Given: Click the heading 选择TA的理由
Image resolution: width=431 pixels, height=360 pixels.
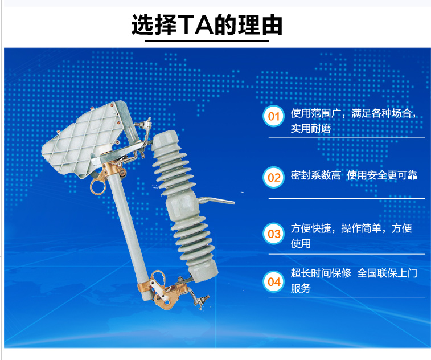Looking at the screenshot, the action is tap(207, 24).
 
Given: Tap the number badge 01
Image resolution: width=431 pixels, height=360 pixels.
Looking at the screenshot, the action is tap(273, 116).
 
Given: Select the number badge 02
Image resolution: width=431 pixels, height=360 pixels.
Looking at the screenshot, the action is tap(273, 177).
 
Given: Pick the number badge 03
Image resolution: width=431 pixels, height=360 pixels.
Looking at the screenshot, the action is tap(273, 234).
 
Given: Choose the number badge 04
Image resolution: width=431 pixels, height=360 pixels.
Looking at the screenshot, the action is tap(273, 281).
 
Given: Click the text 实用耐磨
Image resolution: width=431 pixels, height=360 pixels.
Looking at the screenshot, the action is tap(311, 128).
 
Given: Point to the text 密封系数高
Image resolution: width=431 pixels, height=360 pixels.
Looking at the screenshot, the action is tap(316, 175).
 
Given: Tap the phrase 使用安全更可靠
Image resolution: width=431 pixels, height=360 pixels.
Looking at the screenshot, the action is tap(382, 175).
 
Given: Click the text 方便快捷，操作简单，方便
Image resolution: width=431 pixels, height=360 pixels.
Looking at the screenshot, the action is tap(351, 228).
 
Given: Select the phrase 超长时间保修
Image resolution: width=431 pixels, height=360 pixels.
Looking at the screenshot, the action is tap(321, 273).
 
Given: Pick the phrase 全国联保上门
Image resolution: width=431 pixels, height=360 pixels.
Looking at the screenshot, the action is tap(387, 273).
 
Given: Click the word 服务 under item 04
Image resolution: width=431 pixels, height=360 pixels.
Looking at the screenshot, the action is tap(301, 288).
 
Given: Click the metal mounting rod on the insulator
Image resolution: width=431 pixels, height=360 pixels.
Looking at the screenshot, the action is tap(216, 200).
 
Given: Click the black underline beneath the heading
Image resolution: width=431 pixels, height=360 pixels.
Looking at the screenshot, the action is tap(207, 40).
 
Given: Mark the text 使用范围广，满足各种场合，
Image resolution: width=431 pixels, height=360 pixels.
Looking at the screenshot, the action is tap(354, 113).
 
